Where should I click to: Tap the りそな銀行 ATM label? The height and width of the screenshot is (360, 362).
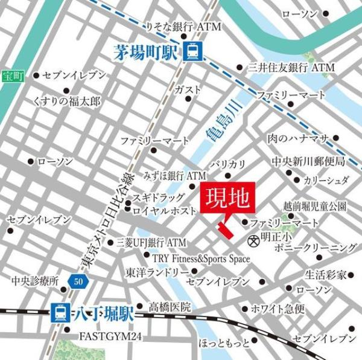pos(184,27)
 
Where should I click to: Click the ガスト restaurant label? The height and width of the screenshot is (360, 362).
pos(187,89)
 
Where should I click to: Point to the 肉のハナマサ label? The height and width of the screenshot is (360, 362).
pos(298,139)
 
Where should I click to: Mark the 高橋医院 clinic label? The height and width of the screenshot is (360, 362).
pos(170,307)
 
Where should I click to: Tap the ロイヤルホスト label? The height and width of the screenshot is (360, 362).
pos(164,211)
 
